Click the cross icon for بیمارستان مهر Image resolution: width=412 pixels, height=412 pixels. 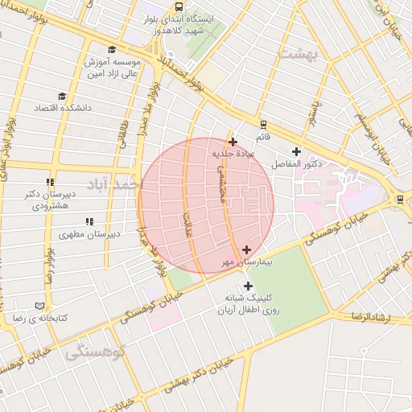pyautogui.click(x=246, y=250)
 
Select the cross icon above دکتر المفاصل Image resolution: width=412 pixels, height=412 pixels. pyautogui.click(x=296, y=151)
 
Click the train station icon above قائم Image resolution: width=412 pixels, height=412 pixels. pyautogui.click(x=262, y=125)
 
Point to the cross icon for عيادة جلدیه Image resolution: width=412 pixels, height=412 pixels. pyautogui.click(x=233, y=142)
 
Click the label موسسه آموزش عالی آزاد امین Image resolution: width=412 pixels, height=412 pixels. pyautogui.click(x=113, y=68)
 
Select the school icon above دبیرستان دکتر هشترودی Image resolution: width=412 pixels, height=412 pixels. pyautogui.click(x=50, y=183)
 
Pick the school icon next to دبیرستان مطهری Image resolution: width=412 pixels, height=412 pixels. pyautogui.click(x=89, y=221)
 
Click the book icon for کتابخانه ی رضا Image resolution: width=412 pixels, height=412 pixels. pyautogui.click(x=40, y=306)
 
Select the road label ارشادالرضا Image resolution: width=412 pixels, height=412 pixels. pyautogui.click(x=370, y=317)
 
